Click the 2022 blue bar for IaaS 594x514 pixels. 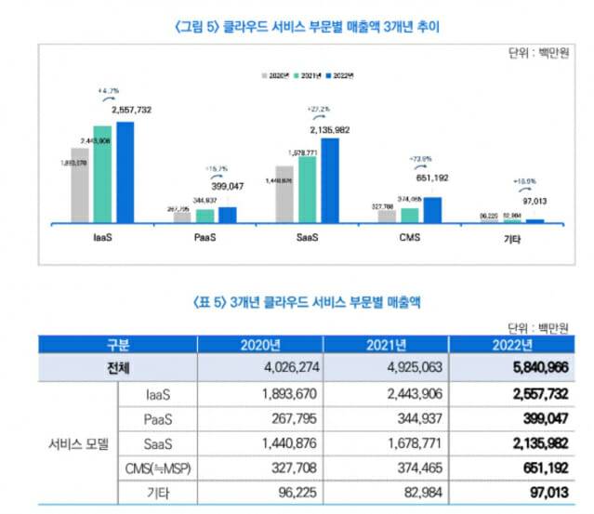click(x=125, y=172)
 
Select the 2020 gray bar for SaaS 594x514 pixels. click(x=284, y=194)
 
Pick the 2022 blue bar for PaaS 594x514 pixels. click(x=227, y=214)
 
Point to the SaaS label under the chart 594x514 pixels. click(x=305, y=238)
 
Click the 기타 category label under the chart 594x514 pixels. click(x=511, y=239)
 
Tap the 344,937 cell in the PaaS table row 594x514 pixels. click(x=389, y=416)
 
